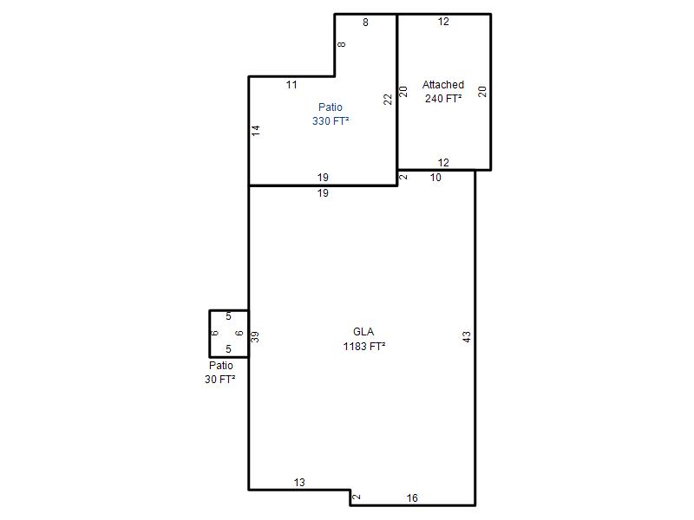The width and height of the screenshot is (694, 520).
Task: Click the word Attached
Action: click(x=443, y=84)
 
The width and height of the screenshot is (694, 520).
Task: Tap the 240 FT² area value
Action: click(x=443, y=98)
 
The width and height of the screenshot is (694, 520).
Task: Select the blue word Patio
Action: click(x=331, y=107)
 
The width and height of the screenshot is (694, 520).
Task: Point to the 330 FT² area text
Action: click(x=331, y=120)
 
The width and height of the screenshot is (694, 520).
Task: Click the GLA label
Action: click(x=363, y=332)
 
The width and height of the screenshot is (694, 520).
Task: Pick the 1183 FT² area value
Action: click(x=363, y=346)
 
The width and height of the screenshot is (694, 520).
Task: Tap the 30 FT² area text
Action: click(x=220, y=379)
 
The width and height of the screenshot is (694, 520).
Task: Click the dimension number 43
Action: click(x=467, y=337)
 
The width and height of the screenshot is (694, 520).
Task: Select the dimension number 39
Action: click(x=254, y=337)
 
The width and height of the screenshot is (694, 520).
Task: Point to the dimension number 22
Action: click(x=388, y=99)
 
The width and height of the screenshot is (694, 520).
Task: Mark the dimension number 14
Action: click(x=255, y=131)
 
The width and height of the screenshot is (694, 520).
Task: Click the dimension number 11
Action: click(x=291, y=84)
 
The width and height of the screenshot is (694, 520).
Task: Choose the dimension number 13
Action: click(x=299, y=483)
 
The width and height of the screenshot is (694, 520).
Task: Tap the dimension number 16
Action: click(x=412, y=498)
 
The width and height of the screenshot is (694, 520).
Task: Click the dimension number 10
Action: click(x=435, y=178)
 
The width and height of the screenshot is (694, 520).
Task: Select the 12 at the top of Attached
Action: click(x=443, y=22)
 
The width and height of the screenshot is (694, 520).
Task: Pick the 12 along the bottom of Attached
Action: click(x=443, y=162)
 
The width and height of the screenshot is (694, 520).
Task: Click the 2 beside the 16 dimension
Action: click(x=357, y=497)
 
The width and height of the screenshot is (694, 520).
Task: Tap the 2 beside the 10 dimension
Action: click(x=403, y=177)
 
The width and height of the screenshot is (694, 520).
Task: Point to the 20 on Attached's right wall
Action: click(x=482, y=92)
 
